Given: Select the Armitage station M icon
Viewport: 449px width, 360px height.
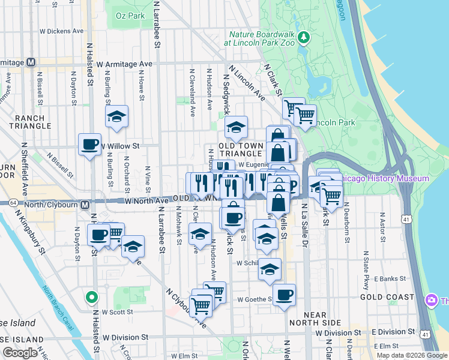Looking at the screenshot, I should pyautogui.click(x=30, y=62).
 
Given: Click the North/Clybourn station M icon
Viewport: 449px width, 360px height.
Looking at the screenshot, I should pyautogui.click(x=85, y=204).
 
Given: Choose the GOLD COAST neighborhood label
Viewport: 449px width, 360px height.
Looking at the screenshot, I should pyautogui.click(x=387, y=297).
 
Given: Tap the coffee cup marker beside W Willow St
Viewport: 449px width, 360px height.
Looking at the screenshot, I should pyautogui.click(x=90, y=144).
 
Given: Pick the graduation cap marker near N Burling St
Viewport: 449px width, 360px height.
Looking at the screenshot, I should pyautogui.click(x=117, y=116).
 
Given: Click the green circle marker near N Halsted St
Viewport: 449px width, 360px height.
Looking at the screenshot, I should pyautogui.click(x=91, y=296).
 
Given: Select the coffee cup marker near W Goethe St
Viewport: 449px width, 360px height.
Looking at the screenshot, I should pyautogui.click(x=285, y=295).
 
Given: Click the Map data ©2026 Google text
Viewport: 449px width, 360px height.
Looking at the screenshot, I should pyautogui.click(x=412, y=355).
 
